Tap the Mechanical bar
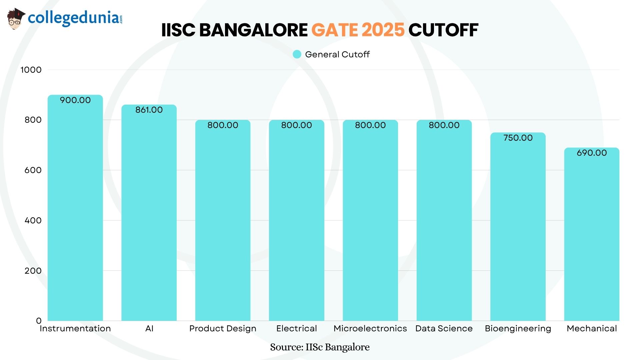pos(592,237)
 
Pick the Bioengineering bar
pos(518,230)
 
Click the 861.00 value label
pos(149,110)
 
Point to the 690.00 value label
pos(592,153)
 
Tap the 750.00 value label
pos(518,138)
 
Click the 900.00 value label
pos(75,100)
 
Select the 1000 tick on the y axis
pos(31,70)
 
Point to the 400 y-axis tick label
pos(33,220)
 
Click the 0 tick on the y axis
pos(39,321)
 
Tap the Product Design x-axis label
pos(223,329)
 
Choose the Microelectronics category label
pos(370,329)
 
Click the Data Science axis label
pos(444,329)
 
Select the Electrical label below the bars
pos(296,329)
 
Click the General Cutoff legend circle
pos(297,54)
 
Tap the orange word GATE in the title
pos(334,30)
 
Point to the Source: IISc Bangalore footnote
pos(320,347)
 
